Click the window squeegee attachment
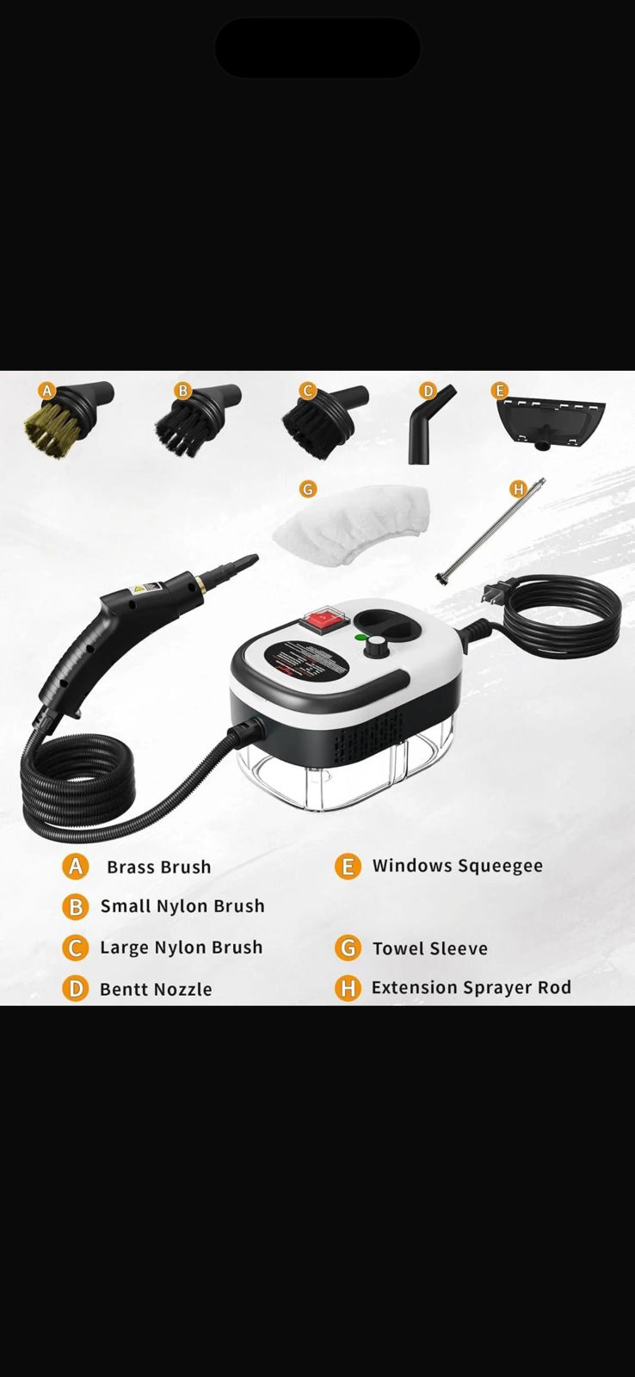[x=551, y=420]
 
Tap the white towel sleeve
[x=353, y=525]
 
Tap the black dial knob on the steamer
[x=376, y=648]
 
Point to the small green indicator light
[x=358, y=638]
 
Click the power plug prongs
[x=494, y=595]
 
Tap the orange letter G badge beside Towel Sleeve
[x=347, y=948]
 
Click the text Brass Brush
[x=158, y=868]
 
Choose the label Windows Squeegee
[x=457, y=866]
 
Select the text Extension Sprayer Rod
[x=471, y=988]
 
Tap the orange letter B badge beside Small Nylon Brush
[x=76, y=906]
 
